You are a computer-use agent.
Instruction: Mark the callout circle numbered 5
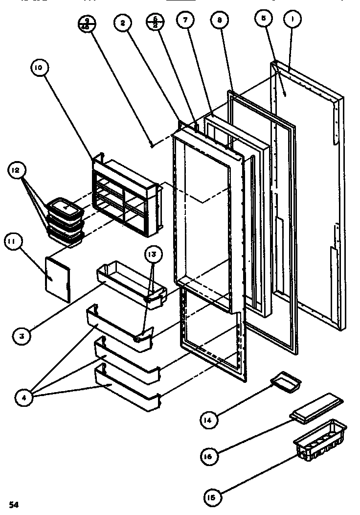click(264, 19)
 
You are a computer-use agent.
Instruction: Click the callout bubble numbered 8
click(219, 20)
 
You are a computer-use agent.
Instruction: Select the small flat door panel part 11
click(58, 279)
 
